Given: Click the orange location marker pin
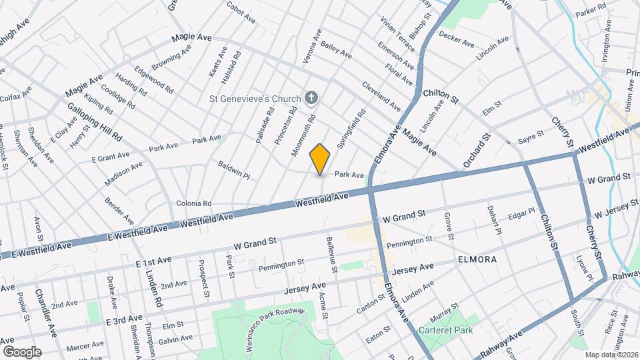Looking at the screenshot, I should [x=320, y=159].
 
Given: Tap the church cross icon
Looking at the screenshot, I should [x=311, y=99].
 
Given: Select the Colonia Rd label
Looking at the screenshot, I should [x=193, y=203].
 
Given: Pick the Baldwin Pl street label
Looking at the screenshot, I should [x=233, y=169].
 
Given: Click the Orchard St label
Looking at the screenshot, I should [x=477, y=151].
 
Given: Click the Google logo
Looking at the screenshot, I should [x=22, y=351].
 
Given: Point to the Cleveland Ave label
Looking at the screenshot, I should [x=381, y=95].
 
